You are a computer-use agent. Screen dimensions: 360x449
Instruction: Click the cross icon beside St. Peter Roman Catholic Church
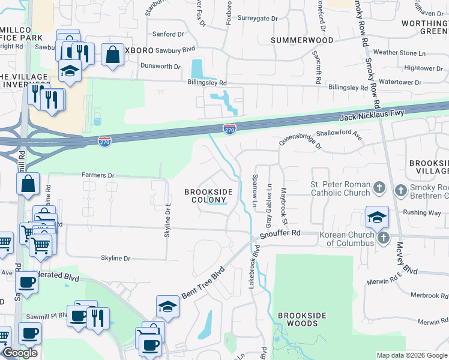[x=379, y=188]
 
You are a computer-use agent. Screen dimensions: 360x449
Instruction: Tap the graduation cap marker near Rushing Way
[x=376, y=218]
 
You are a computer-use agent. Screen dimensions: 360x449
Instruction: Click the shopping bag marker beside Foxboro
[x=112, y=55]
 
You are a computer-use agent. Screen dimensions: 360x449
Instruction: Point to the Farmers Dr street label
[x=98, y=175]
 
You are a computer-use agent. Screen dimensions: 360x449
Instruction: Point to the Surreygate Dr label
[x=258, y=19]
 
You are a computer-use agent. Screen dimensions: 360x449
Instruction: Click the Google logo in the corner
[x=20, y=353]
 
